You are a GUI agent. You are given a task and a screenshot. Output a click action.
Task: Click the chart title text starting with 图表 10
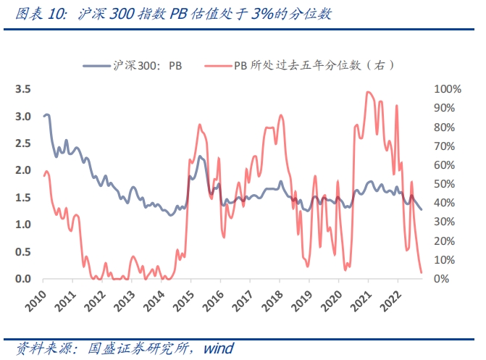click(168, 14)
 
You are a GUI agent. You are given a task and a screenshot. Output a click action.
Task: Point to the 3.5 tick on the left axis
click(22, 89)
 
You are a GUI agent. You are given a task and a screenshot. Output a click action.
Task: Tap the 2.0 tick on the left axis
click(22, 170)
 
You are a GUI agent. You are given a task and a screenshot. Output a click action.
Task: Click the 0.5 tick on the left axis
click(22, 252)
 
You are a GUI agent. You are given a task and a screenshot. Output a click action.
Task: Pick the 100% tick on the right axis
click(447, 89)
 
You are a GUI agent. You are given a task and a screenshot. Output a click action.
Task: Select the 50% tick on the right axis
click(445, 184)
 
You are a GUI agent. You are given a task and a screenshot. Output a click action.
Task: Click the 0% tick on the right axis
click(442, 279)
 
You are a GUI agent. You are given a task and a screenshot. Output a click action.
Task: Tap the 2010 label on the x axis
click(33, 298)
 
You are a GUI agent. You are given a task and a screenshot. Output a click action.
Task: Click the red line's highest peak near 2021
click(368, 92)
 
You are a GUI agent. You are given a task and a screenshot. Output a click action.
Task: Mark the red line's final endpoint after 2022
click(422, 273)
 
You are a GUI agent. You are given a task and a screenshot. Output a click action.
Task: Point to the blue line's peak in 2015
click(199, 156)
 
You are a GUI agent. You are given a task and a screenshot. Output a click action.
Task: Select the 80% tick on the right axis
click(445, 127)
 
